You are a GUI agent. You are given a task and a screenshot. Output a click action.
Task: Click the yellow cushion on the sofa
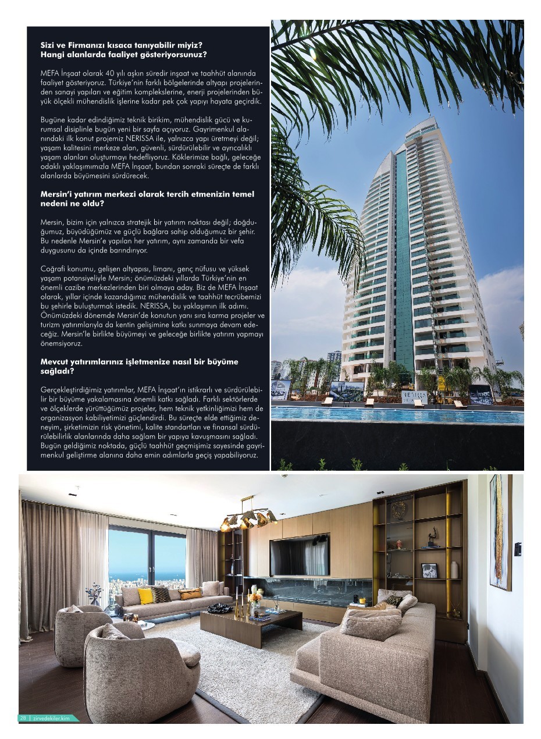coord(145,595)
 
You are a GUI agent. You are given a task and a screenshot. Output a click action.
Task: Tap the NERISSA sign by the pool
coord(414,396)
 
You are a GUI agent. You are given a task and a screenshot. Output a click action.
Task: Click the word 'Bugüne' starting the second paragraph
coord(54,119)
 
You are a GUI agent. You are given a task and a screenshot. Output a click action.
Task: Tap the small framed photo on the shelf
coord(429,570)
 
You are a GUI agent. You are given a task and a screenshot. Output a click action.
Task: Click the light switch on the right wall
coord(517,549)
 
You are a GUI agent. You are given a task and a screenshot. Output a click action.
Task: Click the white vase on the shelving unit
coord(454,569)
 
